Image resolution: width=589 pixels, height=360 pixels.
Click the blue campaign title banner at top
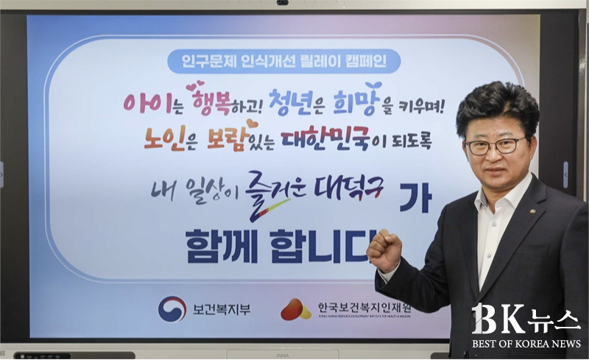pos(283,61)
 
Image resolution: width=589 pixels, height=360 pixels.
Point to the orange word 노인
pos(164,138)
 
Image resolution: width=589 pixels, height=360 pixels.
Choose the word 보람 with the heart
pos(228,137)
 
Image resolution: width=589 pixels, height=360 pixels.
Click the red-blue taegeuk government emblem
pos(172,309)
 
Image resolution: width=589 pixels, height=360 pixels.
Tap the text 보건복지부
pos(222,309)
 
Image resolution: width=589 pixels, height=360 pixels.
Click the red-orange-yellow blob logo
pos(296,310)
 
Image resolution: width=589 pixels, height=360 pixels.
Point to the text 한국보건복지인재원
pos(364,308)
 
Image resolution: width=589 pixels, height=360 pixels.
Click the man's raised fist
pos(384,248)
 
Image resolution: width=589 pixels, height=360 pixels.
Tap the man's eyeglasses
pos(495,146)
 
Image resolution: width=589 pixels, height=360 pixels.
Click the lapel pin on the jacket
pos(533,211)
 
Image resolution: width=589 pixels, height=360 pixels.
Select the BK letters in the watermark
pos(498,319)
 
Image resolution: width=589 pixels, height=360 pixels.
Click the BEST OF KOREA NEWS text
pos(526,344)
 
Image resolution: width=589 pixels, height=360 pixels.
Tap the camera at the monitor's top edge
pos(283,3)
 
